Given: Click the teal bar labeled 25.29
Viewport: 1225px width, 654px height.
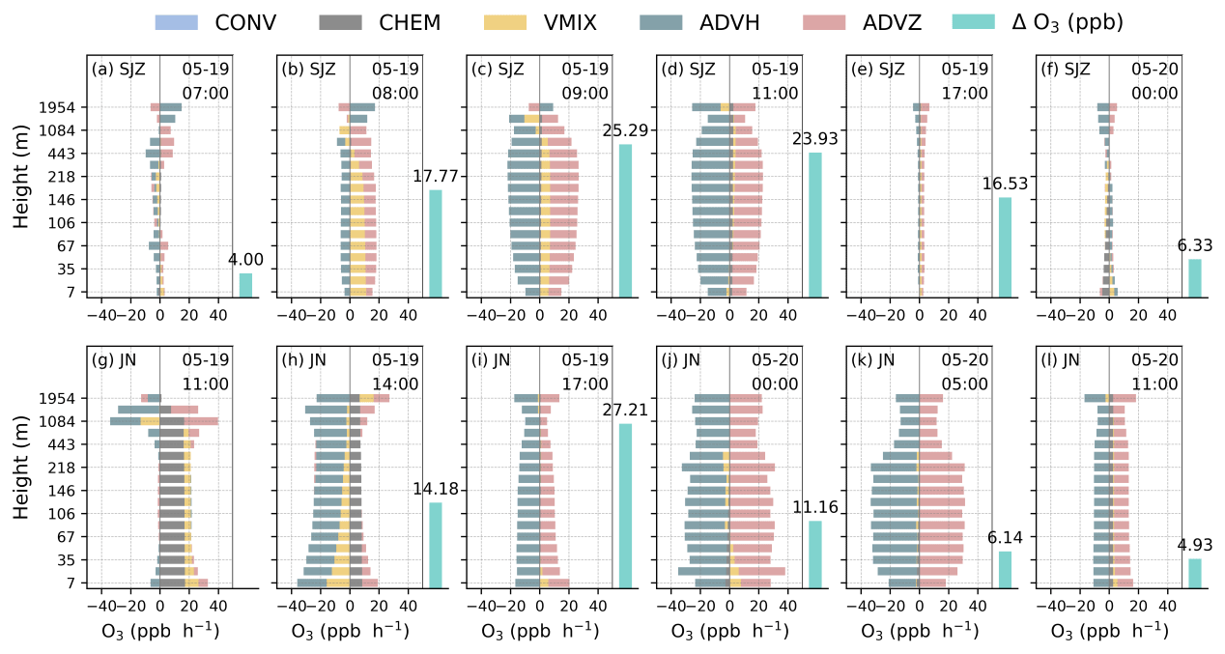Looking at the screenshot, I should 625,220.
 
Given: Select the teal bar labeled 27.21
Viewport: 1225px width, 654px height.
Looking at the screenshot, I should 625,504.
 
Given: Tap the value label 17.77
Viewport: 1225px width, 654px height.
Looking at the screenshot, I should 435,177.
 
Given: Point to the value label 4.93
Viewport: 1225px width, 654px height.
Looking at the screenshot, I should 1195,545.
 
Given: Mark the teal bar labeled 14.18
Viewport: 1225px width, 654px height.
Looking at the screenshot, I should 436,545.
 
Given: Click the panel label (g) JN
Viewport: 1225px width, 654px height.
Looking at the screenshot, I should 113,361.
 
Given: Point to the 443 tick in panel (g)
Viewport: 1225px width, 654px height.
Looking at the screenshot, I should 71,444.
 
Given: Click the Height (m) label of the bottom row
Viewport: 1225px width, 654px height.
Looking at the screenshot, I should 22,491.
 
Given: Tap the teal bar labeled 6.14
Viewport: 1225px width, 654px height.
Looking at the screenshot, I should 1005,569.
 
